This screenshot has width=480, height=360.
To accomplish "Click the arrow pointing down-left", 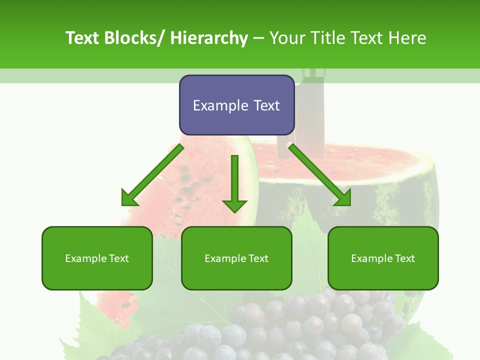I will pyautogui.click(x=152, y=175).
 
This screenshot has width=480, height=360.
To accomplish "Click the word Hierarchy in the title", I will pyautogui.click(x=208, y=38).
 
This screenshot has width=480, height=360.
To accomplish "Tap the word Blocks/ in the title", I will pyautogui.click(x=135, y=38).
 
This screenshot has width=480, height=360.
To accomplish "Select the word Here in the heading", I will pyautogui.click(x=407, y=38).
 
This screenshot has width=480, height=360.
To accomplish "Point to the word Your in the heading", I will pyautogui.click(x=287, y=38).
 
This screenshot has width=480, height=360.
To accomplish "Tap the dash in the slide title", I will pyautogui.click(x=258, y=38).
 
